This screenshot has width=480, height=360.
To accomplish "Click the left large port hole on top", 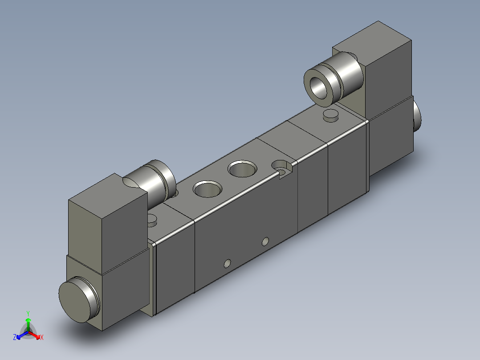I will (207, 188).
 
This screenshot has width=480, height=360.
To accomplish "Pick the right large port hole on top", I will (242, 169).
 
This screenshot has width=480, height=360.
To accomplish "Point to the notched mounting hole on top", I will (281, 167).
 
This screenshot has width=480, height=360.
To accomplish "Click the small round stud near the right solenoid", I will (330, 115).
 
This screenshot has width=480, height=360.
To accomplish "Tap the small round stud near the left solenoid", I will (152, 220).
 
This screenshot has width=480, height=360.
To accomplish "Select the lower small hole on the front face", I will (227, 264).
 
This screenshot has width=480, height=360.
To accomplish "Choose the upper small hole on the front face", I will (265, 241).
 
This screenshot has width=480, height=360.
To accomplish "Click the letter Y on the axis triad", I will (28, 313).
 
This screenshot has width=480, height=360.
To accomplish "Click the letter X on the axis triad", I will (41, 337).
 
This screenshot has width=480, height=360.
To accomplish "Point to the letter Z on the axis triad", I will (15, 337).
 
